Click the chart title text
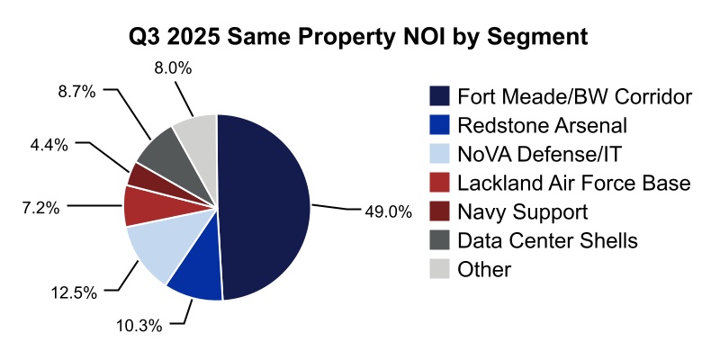tap(360, 37)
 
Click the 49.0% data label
tap(388, 212)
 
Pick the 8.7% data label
tap(76, 90)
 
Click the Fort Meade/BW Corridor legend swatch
tap(440, 96)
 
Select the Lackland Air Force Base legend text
tap(573, 183)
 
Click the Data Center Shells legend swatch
tap(440, 240)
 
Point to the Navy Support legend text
tap(522, 211)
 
